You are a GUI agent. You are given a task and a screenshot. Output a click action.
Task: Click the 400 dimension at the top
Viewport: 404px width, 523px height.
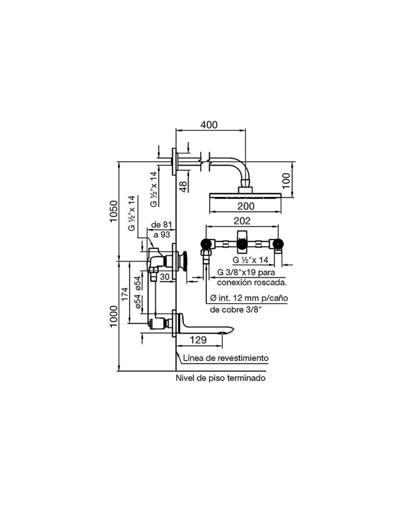(209, 125)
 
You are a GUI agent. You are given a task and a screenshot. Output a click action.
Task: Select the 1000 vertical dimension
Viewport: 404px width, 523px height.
(113, 316)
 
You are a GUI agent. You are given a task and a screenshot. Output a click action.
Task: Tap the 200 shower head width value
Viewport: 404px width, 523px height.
(246, 206)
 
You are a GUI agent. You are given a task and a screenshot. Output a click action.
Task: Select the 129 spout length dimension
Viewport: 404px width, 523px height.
(199, 340)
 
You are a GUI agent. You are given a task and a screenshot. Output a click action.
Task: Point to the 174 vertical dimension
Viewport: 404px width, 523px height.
(125, 294)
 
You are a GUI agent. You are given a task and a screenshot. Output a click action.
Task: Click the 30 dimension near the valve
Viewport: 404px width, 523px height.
(165, 276)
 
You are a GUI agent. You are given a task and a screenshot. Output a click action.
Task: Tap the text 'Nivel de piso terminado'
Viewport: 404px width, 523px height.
(220, 378)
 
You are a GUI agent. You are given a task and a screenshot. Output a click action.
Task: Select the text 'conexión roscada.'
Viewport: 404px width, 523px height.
(252, 282)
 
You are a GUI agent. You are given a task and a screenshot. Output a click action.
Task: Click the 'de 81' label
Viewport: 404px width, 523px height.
(162, 225)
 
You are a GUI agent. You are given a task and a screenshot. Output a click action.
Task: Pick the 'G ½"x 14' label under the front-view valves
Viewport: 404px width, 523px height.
(250, 260)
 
